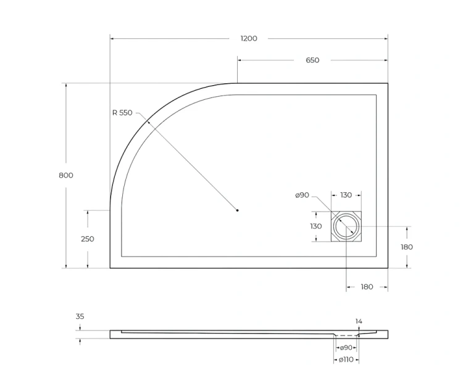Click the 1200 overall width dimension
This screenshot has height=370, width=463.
tap(248, 38)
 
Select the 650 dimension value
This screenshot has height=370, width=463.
tap(312, 60)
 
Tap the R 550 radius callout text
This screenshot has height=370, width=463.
tap(122, 113)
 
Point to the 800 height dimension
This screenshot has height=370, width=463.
tap(66, 175)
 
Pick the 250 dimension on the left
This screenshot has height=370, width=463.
tap(88, 239)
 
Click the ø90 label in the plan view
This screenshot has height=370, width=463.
tap(302, 195)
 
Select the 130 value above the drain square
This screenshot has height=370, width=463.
tap(346, 195)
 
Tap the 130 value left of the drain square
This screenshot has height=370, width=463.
tap(316, 226)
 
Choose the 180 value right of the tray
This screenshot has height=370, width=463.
tap(407, 247)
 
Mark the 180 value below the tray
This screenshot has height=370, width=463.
tap(367, 287)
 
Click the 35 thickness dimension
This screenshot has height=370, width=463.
tap(80, 316)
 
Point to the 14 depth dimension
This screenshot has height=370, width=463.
tap(359, 321)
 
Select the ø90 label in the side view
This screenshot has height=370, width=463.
tap(346, 348)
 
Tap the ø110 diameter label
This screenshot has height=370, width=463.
tap(346, 359)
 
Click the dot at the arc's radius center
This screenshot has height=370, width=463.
tap(238, 211)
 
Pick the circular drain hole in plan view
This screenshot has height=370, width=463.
tap(346, 227)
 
